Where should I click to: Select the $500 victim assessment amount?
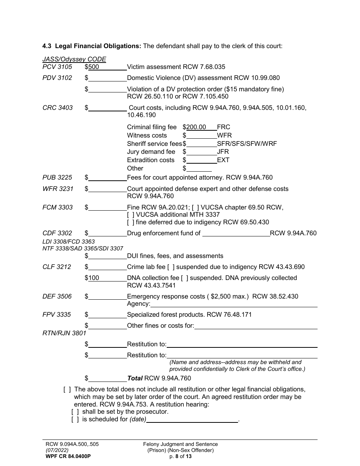tap(94, 67)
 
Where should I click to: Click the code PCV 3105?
tap(57, 67)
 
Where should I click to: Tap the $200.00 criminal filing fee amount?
tap(196, 127)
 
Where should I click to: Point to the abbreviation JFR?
tap(223, 152)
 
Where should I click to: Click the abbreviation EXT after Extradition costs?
tap(223, 160)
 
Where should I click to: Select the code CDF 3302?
tap(57, 233)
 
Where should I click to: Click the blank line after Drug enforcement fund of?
tap(236, 233)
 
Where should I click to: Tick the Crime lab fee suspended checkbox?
tap(171, 267)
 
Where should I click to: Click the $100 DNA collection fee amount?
tap(94, 278)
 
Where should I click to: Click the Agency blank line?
tap(233, 304)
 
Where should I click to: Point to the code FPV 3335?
tap(57, 315)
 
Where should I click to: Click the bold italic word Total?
tap(135, 378)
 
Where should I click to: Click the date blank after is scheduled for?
tap(192, 419)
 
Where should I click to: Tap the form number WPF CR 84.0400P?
tap(68, 457)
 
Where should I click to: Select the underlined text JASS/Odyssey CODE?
tap(74, 59)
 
